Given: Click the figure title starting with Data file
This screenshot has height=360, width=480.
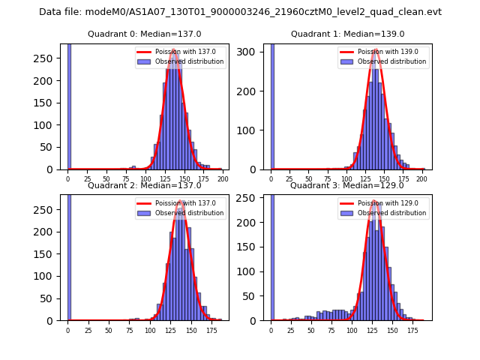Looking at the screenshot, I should (x=240, y=12).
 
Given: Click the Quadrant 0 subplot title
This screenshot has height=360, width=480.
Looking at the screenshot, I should (x=145, y=34).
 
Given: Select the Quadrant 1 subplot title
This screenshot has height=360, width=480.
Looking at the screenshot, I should (x=348, y=34).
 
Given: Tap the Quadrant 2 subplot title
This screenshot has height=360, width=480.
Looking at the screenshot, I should (x=145, y=185).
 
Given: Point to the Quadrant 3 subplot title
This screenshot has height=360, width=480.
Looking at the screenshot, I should (x=348, y=185).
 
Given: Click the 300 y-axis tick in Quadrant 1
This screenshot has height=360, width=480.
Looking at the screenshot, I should (x=253, y=52).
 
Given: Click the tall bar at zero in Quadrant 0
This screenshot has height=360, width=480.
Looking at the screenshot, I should (x=69, y=105).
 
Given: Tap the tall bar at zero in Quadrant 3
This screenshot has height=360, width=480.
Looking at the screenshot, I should (x=272, y=255).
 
